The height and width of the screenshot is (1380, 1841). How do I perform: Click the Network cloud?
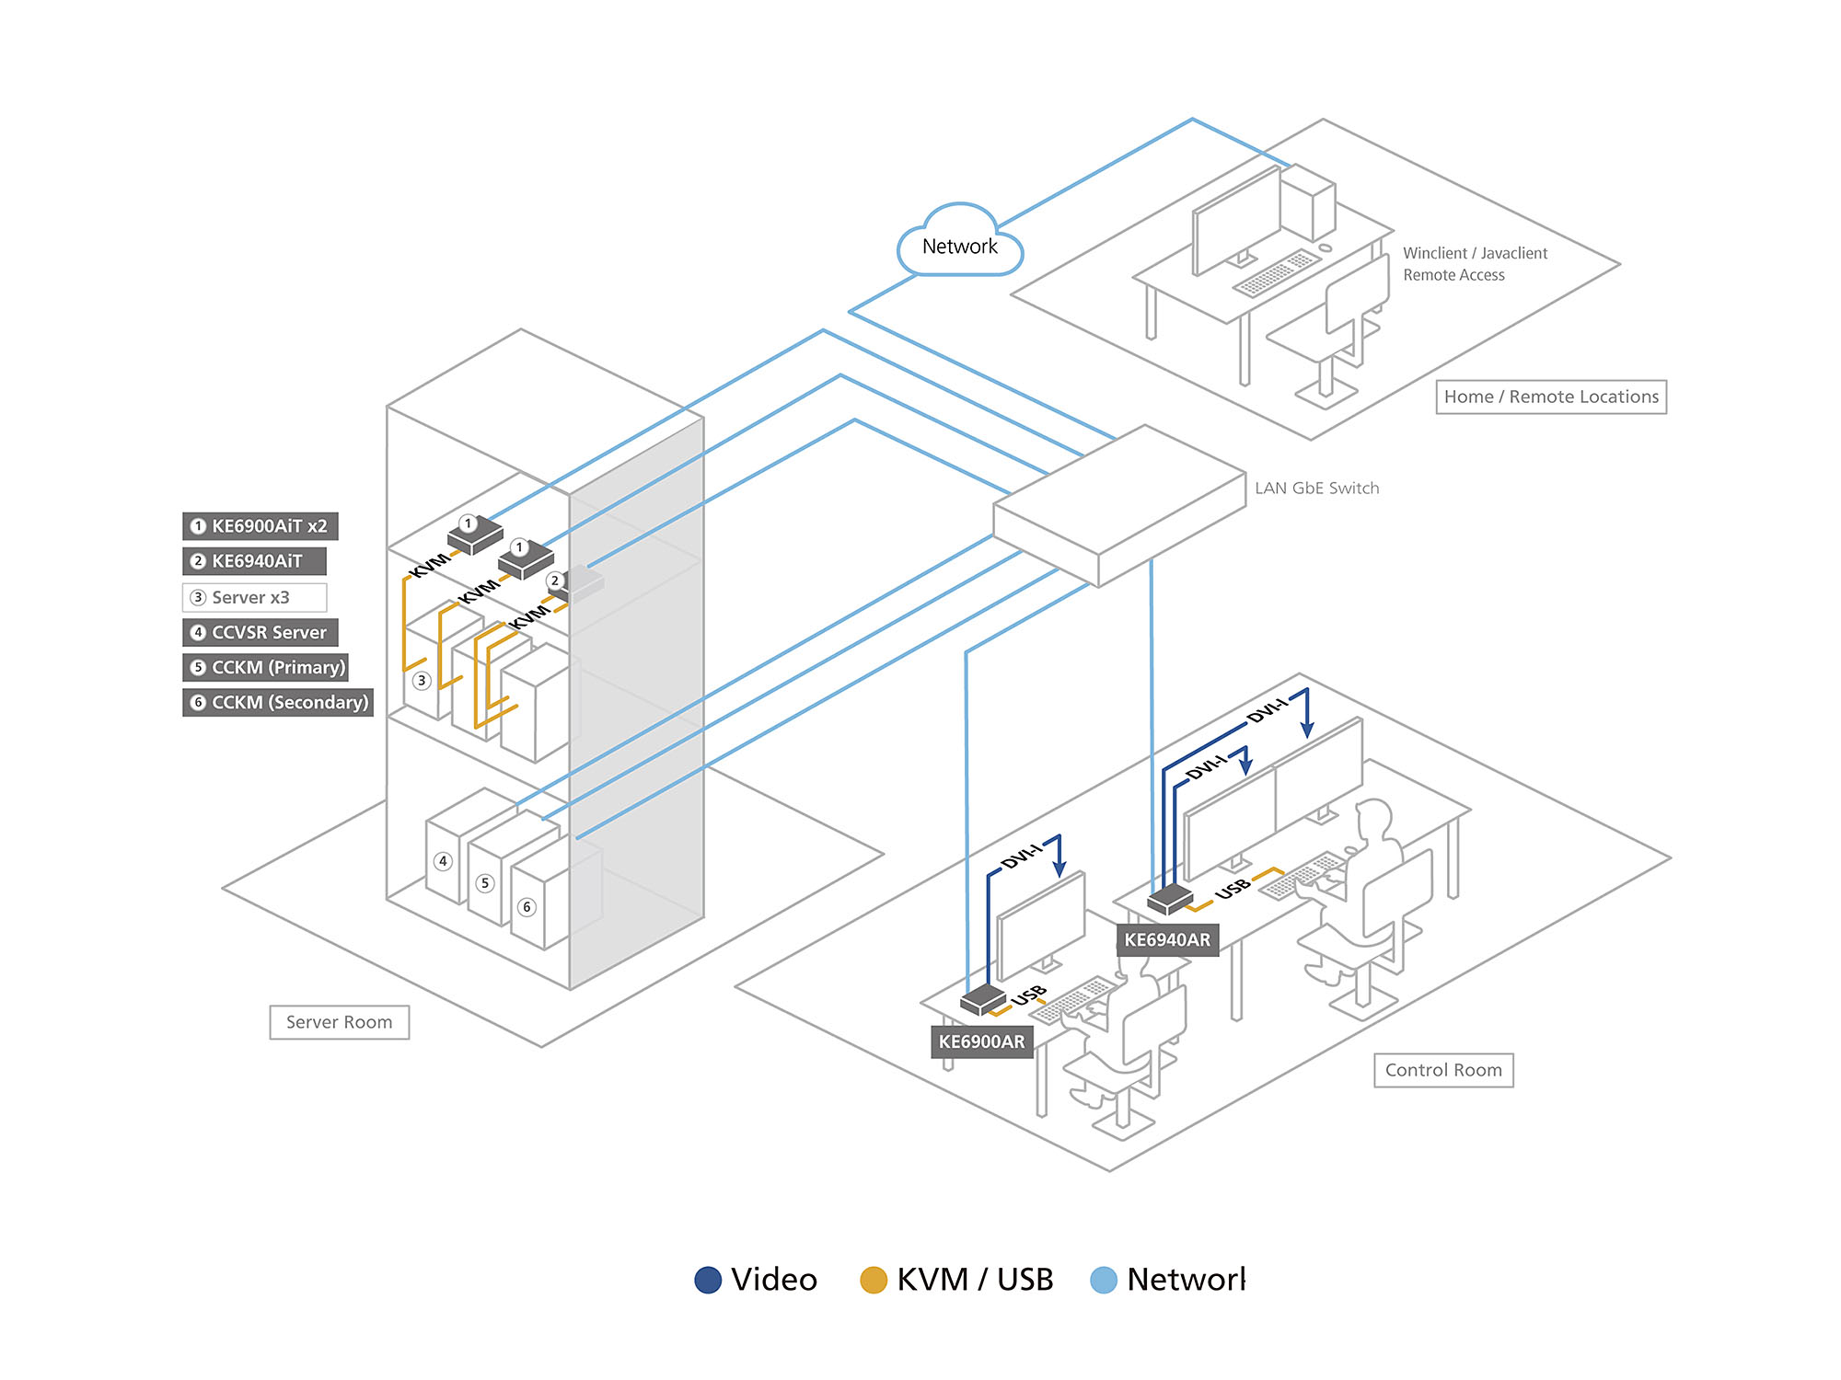959,245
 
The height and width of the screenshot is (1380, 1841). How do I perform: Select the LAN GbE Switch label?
1316,489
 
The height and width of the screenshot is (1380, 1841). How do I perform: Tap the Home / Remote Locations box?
1551,397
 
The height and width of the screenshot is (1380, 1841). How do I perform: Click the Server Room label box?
339,1022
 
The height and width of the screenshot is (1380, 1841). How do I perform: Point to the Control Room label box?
1443,1070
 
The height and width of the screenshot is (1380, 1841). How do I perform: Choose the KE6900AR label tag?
981,1041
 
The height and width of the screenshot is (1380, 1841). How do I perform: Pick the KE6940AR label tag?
1167,939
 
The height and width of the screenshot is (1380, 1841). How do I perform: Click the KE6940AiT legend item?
255,561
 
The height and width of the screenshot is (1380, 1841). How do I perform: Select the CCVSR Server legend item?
261,633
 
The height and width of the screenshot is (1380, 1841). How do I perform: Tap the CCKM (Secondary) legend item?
278,703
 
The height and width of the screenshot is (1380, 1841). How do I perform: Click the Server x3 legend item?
255,598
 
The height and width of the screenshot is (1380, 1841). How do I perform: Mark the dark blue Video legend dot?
708,1280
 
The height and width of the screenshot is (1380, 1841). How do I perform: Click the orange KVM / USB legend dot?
873,1280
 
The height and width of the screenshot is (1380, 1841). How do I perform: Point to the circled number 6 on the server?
527,907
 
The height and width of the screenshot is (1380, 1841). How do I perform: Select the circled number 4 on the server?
444,861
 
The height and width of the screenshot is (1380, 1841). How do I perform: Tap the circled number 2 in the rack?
554,581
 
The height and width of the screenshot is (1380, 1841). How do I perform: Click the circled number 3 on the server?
422,681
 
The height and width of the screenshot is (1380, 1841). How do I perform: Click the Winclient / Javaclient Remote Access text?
1475,264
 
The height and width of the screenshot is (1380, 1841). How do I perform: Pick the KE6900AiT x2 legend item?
261,526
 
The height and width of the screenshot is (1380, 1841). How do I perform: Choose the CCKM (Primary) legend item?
266,668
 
